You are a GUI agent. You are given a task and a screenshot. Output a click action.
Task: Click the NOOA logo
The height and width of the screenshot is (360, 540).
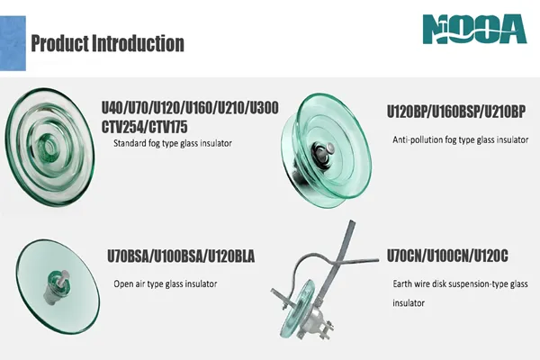point(474,30)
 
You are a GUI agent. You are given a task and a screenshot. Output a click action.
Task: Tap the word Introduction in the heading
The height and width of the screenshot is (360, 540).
point(138,43)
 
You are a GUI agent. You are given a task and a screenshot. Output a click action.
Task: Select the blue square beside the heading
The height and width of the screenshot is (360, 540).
point(13,43)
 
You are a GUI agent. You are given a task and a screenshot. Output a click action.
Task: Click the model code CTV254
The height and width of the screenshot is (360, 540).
point(122,127)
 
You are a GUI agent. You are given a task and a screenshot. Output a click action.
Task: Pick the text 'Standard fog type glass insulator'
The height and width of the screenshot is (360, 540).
point(173,143)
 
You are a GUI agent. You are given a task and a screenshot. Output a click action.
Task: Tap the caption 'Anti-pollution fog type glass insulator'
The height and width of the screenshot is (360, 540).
point(461,139)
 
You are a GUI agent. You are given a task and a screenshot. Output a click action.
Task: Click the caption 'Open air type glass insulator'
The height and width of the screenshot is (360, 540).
point(166,284)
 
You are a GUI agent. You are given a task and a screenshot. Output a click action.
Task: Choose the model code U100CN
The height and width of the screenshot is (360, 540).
point(448,256)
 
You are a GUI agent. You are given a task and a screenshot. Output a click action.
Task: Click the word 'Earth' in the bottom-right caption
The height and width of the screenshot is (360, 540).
point(402,283)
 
